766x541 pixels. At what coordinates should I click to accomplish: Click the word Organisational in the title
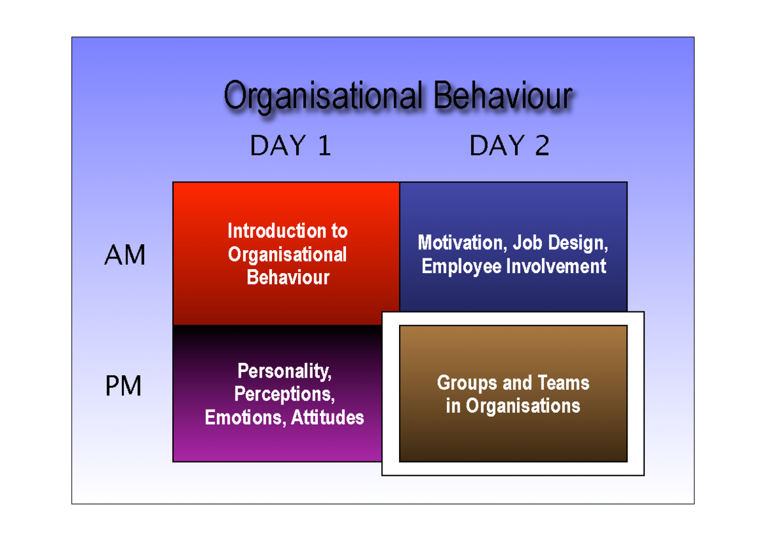tap(322, 97)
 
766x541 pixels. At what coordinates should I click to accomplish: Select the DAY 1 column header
tap(290, 146)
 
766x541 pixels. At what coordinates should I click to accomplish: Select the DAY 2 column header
tap(509, 146)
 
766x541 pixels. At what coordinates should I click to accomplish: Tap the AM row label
tap(124, 256)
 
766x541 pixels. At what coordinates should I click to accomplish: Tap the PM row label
tap(123, 387)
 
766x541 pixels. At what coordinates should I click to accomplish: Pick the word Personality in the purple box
tap(284, 371)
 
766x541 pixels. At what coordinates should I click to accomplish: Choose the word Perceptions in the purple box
tap(284, 394)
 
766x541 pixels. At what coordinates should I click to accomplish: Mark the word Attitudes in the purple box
tap(327, 418)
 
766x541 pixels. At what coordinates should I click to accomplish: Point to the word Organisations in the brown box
tap(523, 406)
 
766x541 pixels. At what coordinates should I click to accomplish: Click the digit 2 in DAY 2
tap(541, 146)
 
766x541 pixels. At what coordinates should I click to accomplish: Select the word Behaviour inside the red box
tap(288, 278)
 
